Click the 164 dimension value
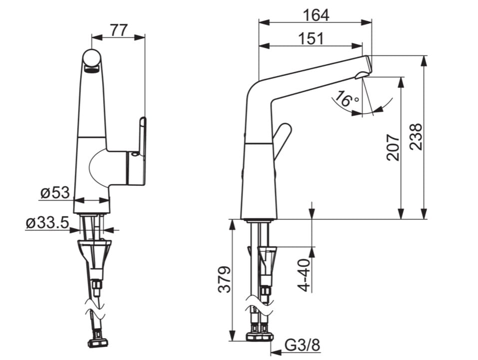pos(316,15)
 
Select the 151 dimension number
pos(311,38)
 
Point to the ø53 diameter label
pos(55,192)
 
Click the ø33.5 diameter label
pos(47,223)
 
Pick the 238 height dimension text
pos(416,136)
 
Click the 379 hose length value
pos(224,279)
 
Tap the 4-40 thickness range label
pos(304,275)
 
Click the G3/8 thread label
pos(302,345)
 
